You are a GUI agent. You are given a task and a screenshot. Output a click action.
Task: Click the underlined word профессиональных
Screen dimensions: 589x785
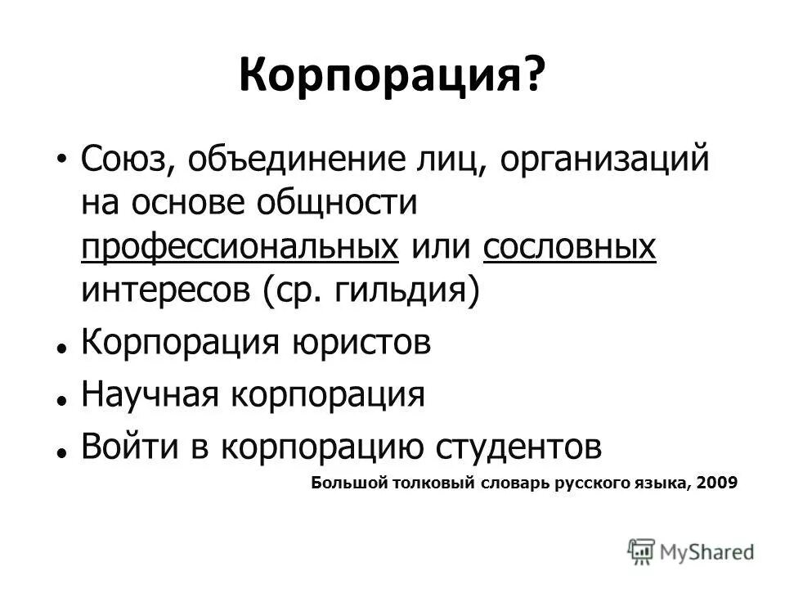coord(240,247)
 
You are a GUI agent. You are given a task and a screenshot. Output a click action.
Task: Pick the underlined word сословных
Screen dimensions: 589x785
coord(569,247)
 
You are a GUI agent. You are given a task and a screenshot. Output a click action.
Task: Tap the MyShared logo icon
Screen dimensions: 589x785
coord(641,551)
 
